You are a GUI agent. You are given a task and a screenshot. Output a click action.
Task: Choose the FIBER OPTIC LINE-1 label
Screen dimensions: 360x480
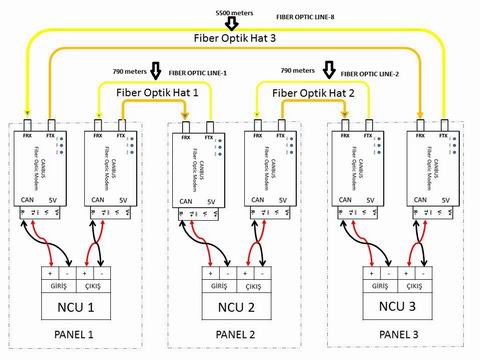pyautogui.click(x=198, y=73)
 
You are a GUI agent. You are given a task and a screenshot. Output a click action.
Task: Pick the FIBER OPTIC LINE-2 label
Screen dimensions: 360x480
pyautogui.click(x=370, y=73)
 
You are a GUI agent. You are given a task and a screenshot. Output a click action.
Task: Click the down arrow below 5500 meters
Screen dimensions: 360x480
pyautogui.click(x=233, y=22)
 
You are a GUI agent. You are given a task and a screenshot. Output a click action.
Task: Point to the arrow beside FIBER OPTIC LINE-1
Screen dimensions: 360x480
pyautogui.click(x=155, y=72)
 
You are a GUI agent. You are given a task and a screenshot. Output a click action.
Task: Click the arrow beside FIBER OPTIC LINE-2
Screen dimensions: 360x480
pyautogui.click(x=327, y=72)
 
